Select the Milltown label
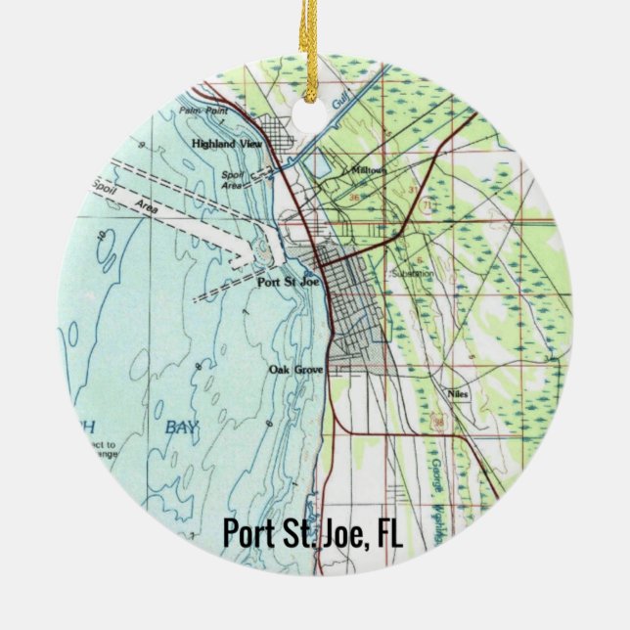[367, 169]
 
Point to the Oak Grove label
[295, 370]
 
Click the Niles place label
[458, 395]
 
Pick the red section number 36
[354, 196]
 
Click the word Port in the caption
[245, 534]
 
